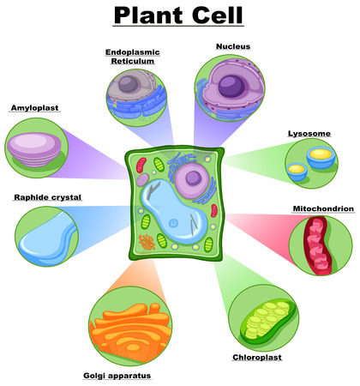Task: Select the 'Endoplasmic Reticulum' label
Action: point(133,57)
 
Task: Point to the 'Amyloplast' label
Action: point(34,108)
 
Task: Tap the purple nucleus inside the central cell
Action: point(191,181)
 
